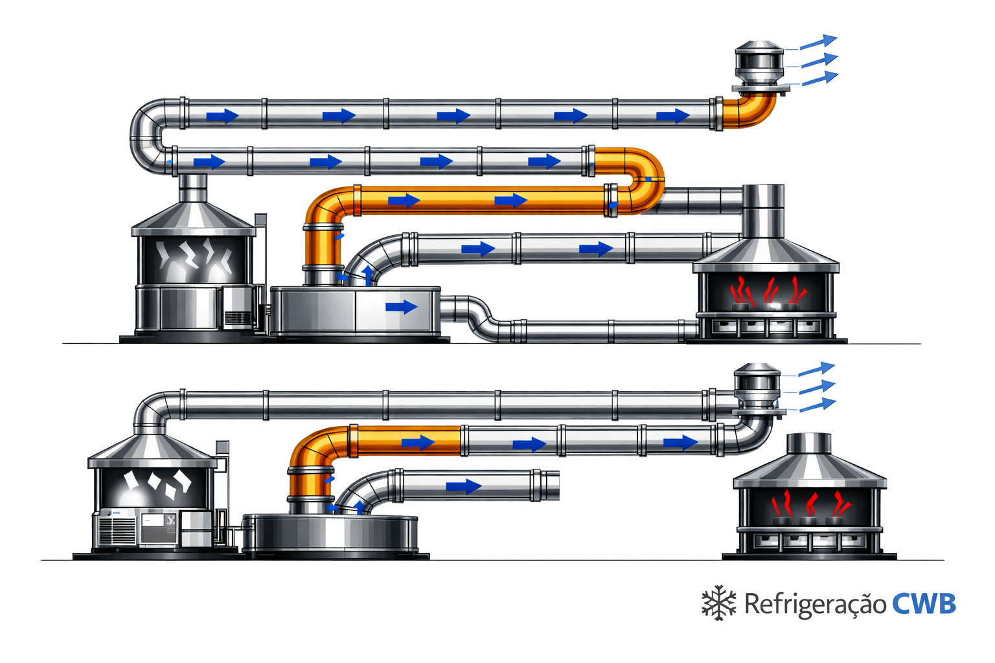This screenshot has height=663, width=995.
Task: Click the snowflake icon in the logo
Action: tap(718, 603)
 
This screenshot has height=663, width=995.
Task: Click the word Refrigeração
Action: tap(815, 605)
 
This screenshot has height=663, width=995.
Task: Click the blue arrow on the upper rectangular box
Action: tap(402, 306)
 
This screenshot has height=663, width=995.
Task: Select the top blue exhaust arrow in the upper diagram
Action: tap(819, 41)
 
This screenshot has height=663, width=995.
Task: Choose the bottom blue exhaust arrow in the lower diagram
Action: tap(818, 405)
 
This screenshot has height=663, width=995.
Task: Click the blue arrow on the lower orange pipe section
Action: tap(418, 442)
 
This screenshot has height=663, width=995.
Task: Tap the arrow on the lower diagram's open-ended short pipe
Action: tap(464, 486)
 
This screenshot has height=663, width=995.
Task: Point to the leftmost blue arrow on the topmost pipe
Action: tap(223, 117)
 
